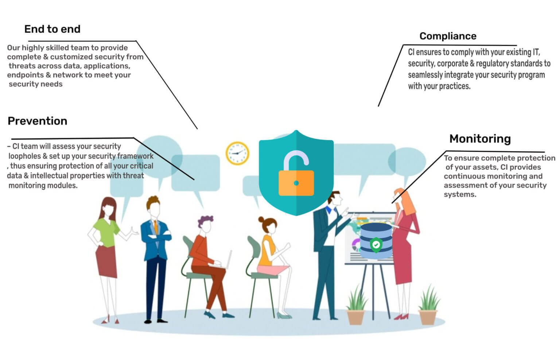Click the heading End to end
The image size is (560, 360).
pyautogui.click(x=52, y=29)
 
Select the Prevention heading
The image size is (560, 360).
pyautogui.click(x=37, y=121)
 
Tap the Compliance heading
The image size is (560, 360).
pyautogui.click(x=448, y=36)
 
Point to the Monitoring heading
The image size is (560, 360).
pyautogui.click(x=480, y=139)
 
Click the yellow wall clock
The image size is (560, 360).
pyautogui.click(x=237, y=153)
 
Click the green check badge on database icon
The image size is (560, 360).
pyautogui.click(x=376, y=245)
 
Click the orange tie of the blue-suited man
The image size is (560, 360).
pyautogui.click(x=156, y=227)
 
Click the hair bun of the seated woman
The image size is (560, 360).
pyautogui.click(x=261, y=220)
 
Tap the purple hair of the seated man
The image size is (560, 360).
pyautogui.click(x=206, y=221)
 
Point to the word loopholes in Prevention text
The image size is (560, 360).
pyautogui.click(x=24, y=156)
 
